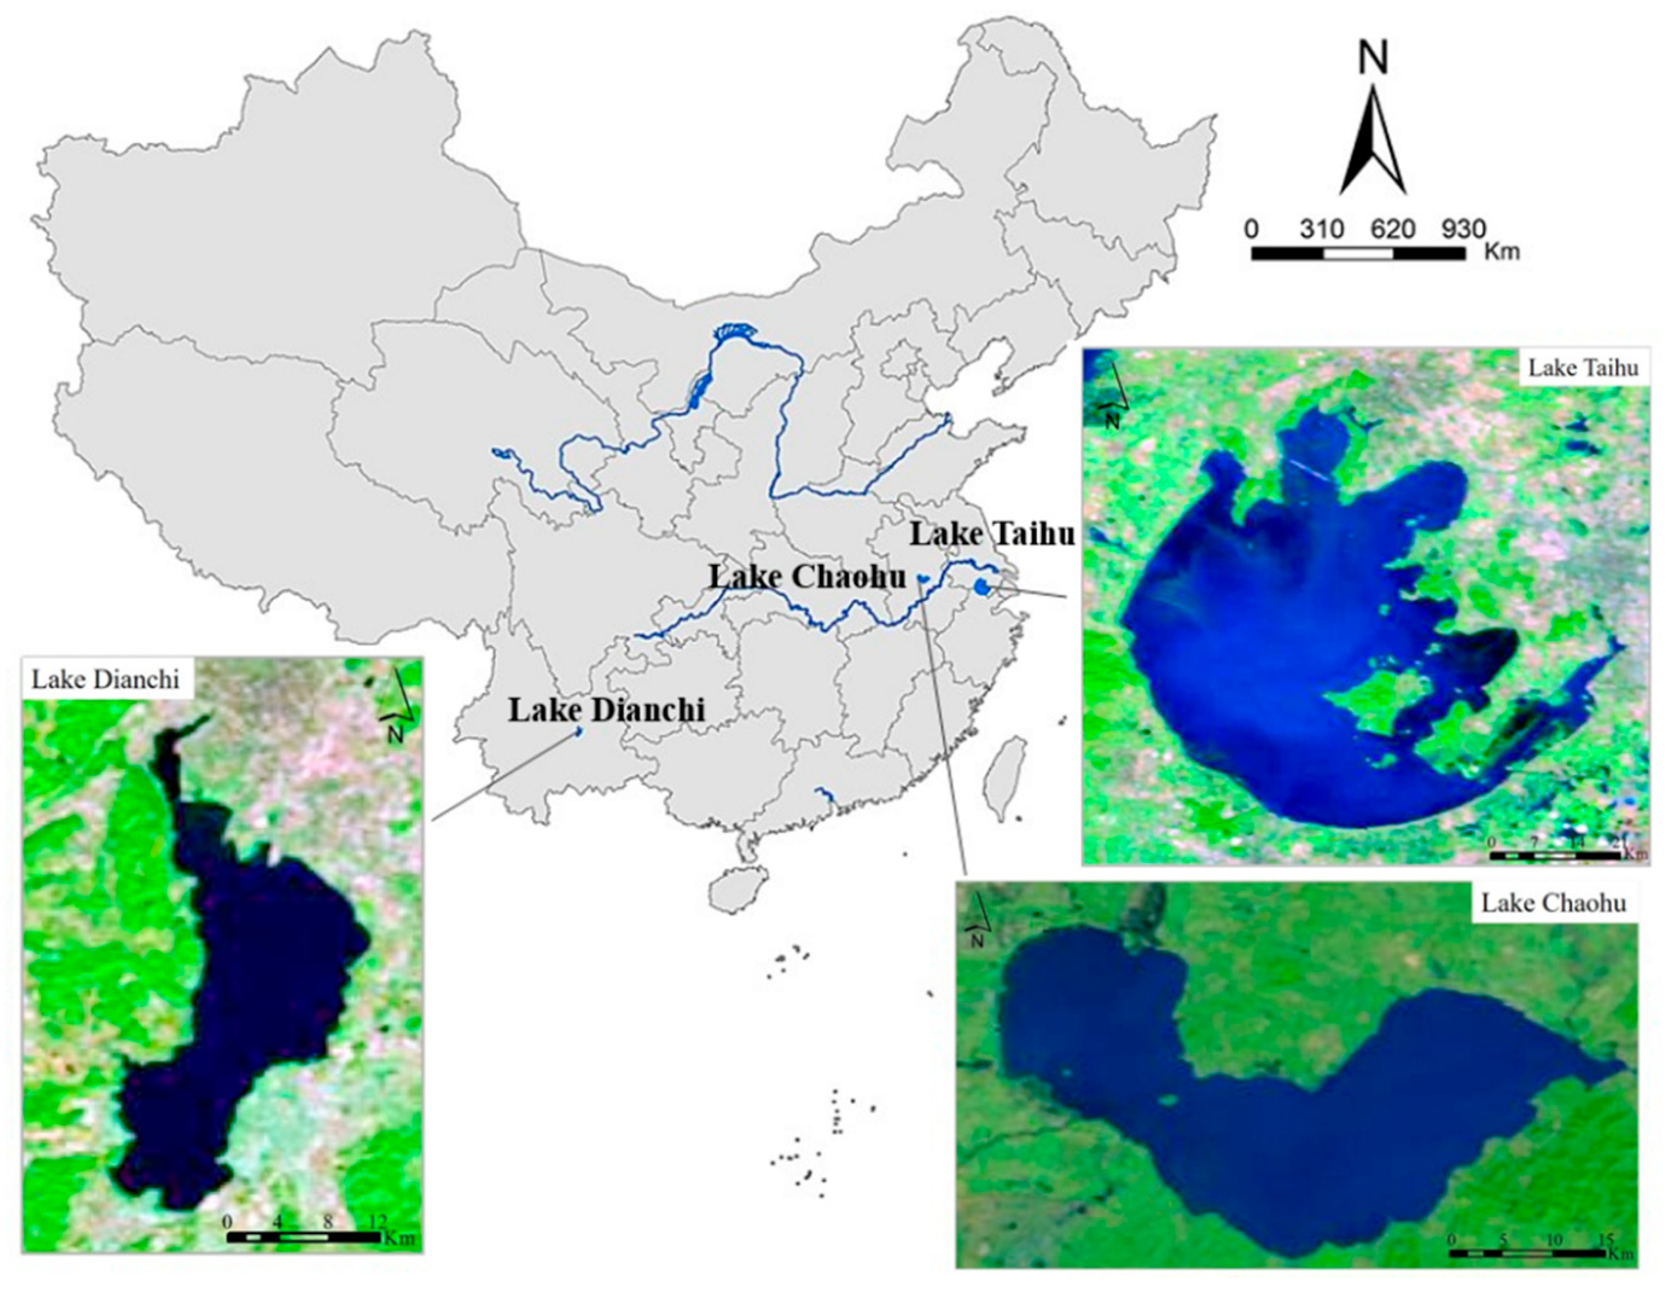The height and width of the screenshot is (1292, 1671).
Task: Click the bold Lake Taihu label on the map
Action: pyautogui.click(x=992, y=535)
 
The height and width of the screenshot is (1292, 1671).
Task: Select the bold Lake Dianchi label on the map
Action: pyautogui.click(x=606, y=711)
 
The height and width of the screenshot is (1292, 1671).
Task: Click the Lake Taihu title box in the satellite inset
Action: pyautogui.click(x=1583, y=369)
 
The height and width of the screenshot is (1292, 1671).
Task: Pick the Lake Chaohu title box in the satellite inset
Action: pyautogui.click(x=1553, y=903)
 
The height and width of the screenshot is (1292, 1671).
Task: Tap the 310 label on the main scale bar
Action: pyautogui.click(x=1322, y=229)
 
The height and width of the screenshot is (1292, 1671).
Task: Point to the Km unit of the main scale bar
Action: pyautogui.click(x=1501, y=251)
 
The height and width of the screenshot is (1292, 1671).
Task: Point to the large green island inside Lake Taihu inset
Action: pyautogui.click(x=1370, y=697)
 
